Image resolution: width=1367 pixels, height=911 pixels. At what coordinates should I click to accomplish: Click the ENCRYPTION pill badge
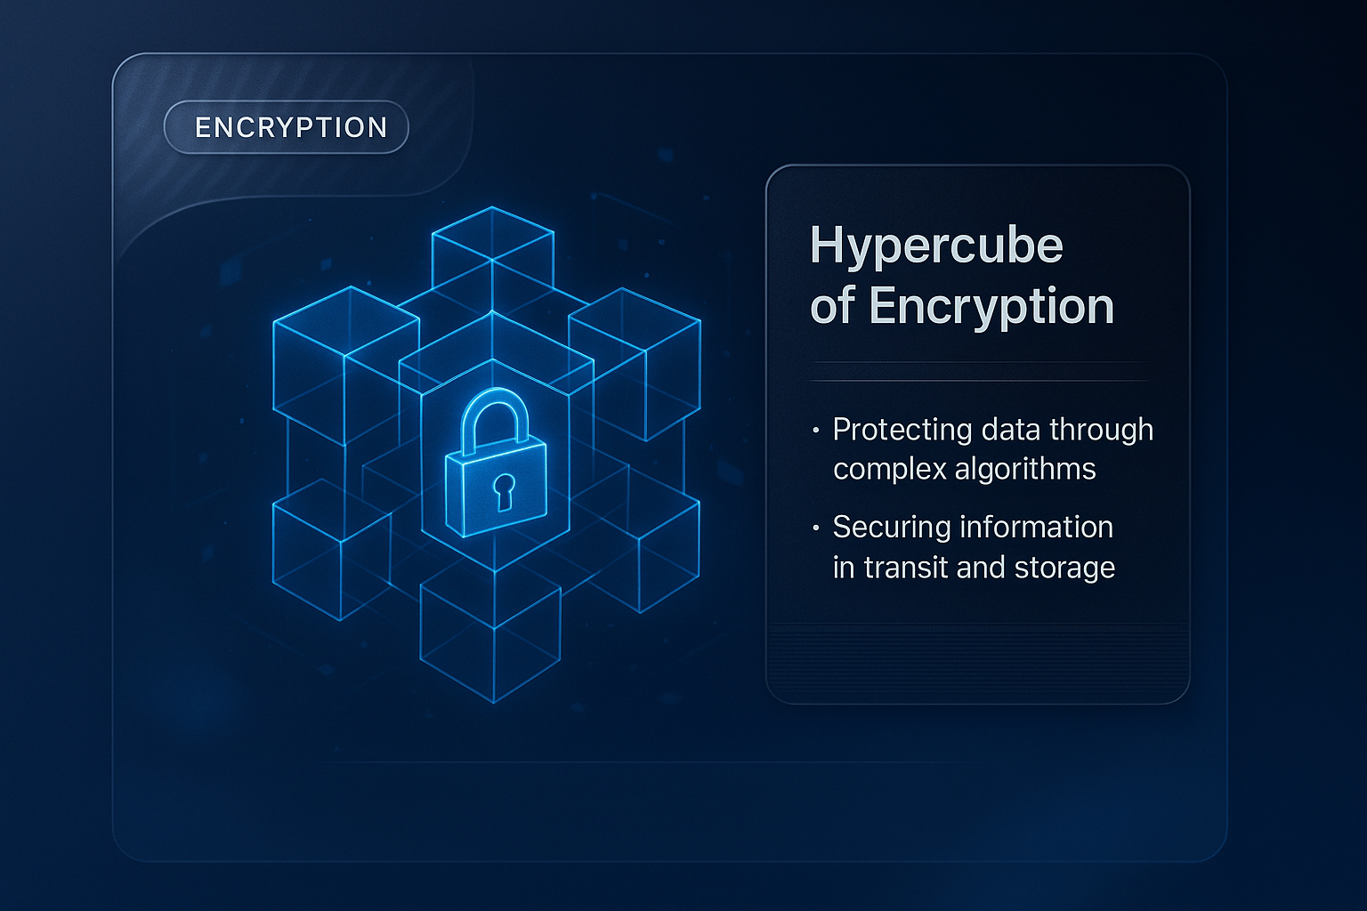pyautogui.click(x=287, y=127)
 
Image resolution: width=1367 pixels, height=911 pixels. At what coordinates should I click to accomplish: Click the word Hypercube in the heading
pyautogui.click(x=936, y=246)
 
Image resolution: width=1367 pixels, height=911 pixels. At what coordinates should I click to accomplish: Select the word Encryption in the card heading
pyautogui.click(x=991, y=306)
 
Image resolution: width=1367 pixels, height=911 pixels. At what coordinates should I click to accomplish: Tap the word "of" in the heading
pyautogui.click(x=833, y=306)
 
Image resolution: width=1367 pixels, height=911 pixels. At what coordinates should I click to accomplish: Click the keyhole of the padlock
pyautogui.click(x=504, y=490)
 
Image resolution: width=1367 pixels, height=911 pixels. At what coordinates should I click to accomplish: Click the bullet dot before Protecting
pyautogui.click(x=815, y=431)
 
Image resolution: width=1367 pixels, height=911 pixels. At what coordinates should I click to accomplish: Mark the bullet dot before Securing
pyautogui.click(x=815, y=528)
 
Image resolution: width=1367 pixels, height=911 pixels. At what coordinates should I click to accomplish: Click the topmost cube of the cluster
pyautogui.click(x=492, y=249)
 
